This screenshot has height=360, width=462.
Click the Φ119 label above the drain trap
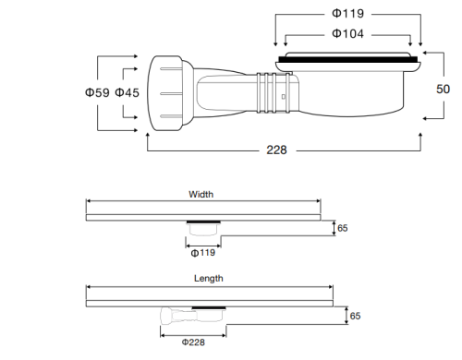click(x=348, y=15)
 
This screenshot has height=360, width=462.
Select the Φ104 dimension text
click(x=348, y=34)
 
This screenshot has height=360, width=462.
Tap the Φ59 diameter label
click(x=98, y=92)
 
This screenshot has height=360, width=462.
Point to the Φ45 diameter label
click(x=128, y=92)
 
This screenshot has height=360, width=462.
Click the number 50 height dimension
click(x=444, y=90)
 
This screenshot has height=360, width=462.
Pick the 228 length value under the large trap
click(x=277, y=150)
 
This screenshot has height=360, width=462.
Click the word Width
click(x=201, y=195)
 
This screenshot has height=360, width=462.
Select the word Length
click(x=208, y=278)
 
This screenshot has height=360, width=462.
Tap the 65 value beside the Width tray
click(x=342, y=227)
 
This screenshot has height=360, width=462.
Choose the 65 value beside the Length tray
click(x=355, y=315)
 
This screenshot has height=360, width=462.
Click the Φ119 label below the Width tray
click(x=202, y=252)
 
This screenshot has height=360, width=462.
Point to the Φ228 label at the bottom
click(x=193, y=342)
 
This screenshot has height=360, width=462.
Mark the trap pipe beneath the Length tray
click(x=189, y=316)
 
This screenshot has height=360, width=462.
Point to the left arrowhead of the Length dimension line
click(x=89, y=286)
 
